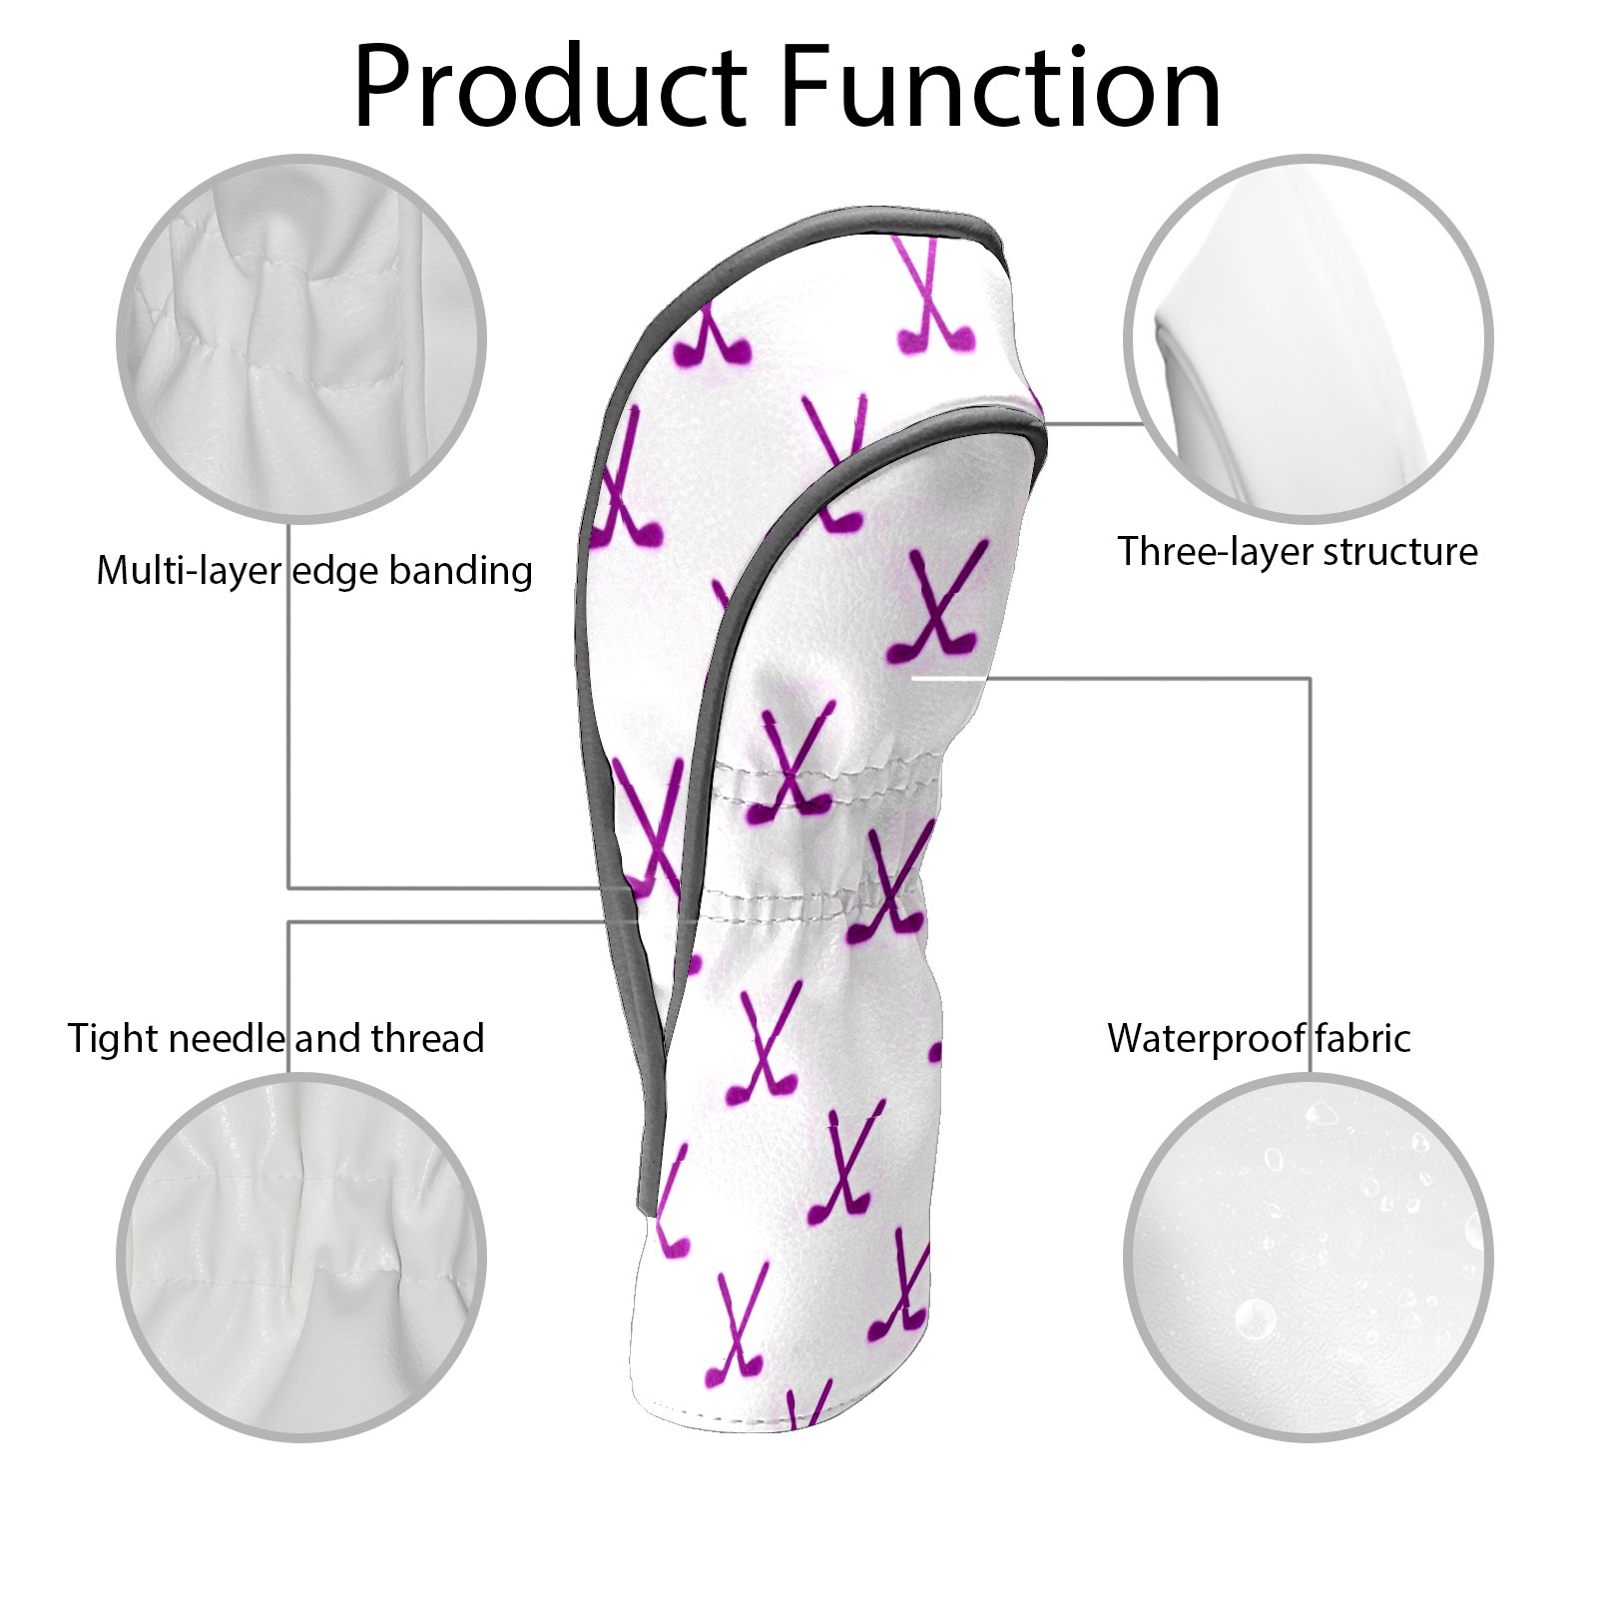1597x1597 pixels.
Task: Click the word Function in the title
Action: (x=999, y=88)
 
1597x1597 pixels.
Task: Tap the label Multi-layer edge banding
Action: (x=313, y=571)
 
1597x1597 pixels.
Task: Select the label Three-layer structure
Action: (x=1297, y=551)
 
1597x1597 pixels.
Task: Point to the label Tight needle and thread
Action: (x=275, y=1038)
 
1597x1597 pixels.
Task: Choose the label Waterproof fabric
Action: (x=1259, y=1038)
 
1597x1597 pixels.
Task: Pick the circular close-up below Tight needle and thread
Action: (x=301, y=1258)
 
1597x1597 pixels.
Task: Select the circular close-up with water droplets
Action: (x=1308, y=1258)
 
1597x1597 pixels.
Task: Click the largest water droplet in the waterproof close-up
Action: (x=1254, y=1318)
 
